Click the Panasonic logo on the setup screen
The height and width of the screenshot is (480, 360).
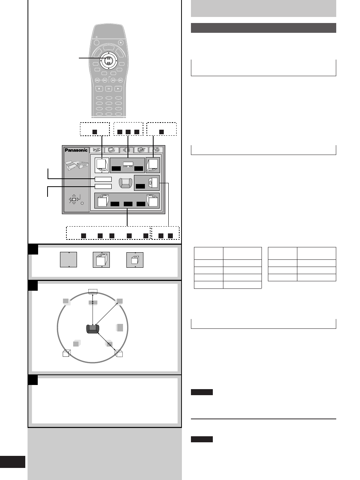(x=76, y=150)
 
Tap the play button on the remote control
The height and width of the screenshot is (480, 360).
(x=118, y=89)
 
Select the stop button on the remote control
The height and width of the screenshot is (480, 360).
(x=99, y=89)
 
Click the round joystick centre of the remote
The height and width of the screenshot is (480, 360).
(x=108, y=61)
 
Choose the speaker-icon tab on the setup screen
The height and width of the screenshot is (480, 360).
(x=126, y=150)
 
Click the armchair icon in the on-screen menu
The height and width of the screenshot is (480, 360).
(x=126, y=183)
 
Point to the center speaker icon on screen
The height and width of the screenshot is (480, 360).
(x=128, y=164)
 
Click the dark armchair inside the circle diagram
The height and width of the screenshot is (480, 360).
(x=93, y=329)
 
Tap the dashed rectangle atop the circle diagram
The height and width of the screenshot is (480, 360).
(x=93, y=291)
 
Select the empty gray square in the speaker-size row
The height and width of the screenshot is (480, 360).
(x=69, y=259)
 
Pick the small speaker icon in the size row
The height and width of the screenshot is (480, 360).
(x=135, y=260)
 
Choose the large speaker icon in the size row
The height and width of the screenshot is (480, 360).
(x=102, y=259)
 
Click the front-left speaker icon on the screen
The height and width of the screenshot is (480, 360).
(x=102, y=165)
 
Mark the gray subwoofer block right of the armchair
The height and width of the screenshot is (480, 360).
(x=120, y=328)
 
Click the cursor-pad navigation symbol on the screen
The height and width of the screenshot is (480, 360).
(x=74, y=199)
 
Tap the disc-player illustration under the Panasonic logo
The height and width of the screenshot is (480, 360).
(x=77, y=166)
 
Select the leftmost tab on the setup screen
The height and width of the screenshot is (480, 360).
(x=97, y=150)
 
